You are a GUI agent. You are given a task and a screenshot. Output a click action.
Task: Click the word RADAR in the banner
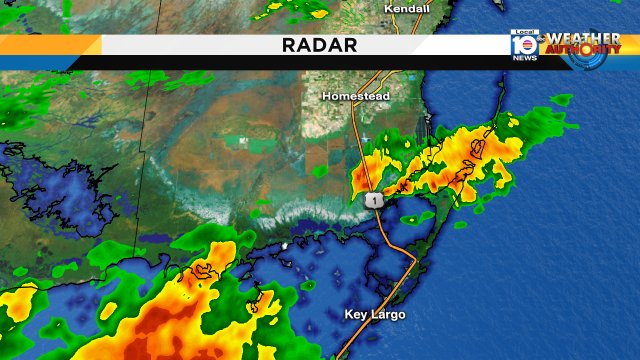coord(320,46)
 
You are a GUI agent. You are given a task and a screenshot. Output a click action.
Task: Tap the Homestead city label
coord(356,97)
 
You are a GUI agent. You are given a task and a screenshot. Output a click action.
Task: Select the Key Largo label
coord(377,315)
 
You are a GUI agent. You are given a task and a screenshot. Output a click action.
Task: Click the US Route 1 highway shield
coord(373,201)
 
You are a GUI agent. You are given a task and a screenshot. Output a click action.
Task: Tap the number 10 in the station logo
coord(524,44)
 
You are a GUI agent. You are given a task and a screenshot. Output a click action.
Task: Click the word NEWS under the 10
coord(524,57)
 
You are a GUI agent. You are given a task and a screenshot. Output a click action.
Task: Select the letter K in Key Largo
coord(349,315)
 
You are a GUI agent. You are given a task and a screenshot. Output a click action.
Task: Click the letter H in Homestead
coord(326,97)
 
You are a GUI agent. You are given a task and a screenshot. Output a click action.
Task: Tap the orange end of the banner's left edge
coord(50,46)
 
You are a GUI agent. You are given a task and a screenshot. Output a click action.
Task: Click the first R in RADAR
coord(287,46)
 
